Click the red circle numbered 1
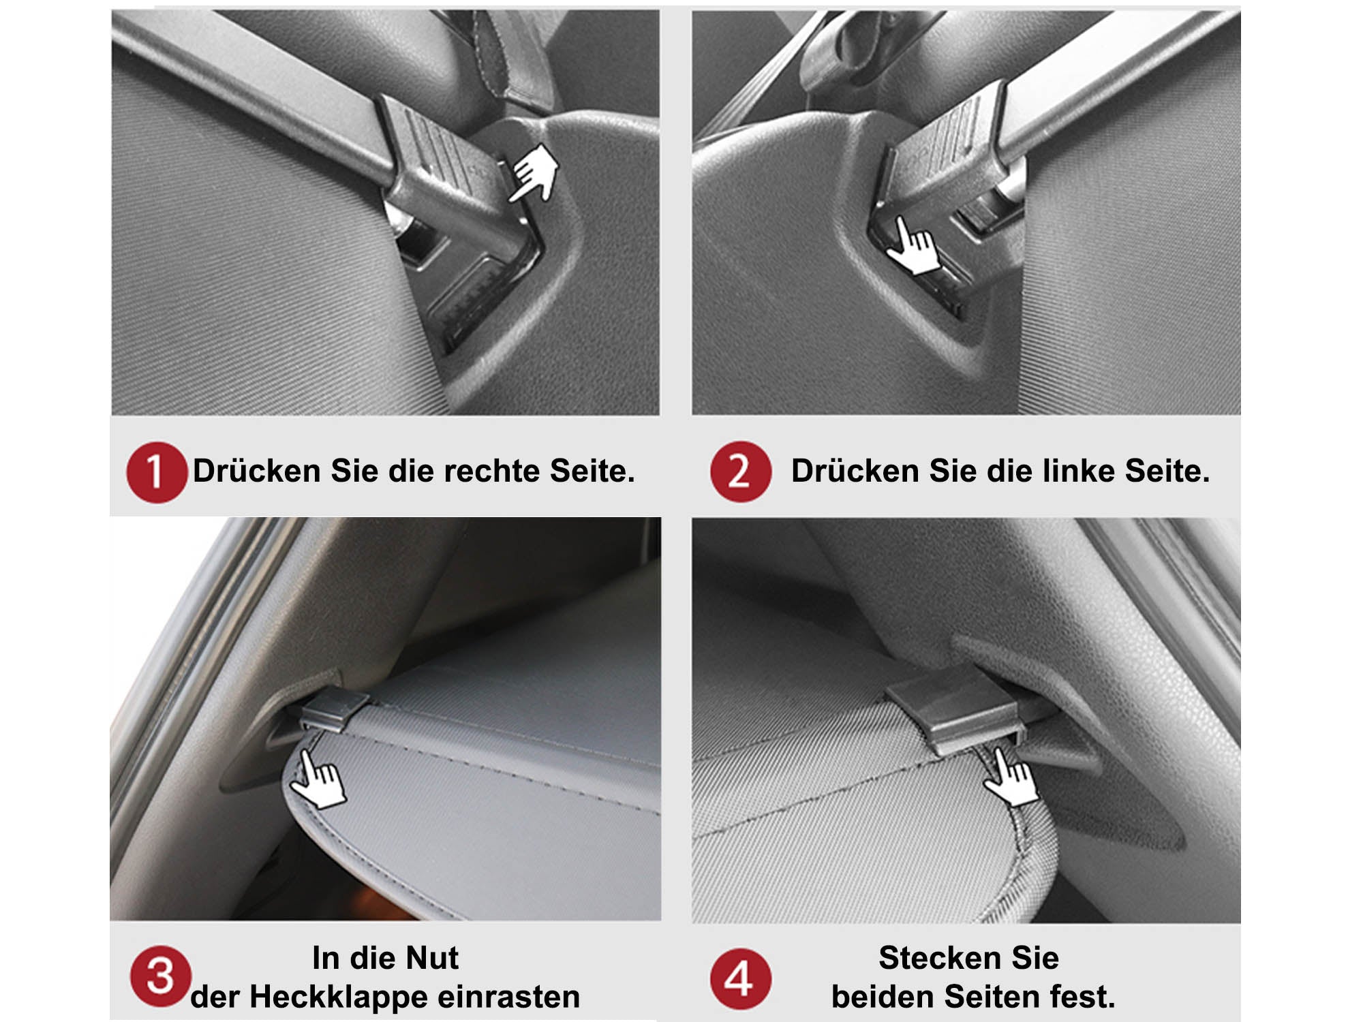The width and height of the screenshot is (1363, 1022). (x=157, y=472)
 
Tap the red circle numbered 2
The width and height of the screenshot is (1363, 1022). (x=741, y=471)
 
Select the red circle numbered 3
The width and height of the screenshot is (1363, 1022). (x=161, y=976)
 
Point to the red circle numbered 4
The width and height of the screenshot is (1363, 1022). (x=741, y=979)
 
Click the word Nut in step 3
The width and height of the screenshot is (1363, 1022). (x=431, y=958)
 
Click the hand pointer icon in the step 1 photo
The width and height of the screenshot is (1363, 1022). (x=534, y=173)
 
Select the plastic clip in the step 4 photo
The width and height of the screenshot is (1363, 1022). (x=954, y=712)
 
